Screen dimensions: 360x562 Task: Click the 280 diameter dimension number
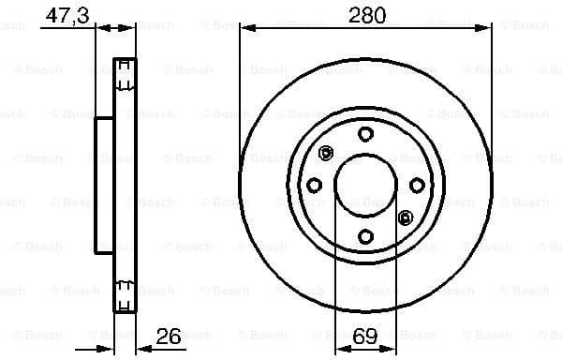365,16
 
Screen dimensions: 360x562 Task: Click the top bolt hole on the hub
366,133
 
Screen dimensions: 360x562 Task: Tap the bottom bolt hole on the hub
366,235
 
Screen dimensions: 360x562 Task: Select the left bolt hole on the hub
315,185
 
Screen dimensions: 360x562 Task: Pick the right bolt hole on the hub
417,185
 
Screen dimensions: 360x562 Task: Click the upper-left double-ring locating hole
326,153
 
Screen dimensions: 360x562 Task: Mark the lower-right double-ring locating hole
406,217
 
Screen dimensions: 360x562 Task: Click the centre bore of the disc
366,185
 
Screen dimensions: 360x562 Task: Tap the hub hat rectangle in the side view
104,185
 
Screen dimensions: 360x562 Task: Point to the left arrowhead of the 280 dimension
245,27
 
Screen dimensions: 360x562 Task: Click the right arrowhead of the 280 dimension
487,27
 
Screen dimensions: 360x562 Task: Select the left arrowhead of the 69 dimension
340,346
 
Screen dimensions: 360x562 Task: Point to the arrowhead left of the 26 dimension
108,346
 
